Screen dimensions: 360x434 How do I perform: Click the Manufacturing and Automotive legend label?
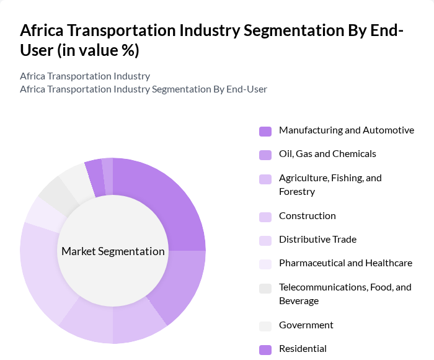tap(346, 130)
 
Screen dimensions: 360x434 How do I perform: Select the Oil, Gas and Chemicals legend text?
tap(327, 154)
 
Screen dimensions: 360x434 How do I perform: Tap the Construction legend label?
tap(308, 216)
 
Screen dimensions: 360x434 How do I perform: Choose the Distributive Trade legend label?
tap(317, 240)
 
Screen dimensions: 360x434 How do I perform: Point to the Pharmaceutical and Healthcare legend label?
tap(345, 263)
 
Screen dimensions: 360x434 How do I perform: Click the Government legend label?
tap(306, 325)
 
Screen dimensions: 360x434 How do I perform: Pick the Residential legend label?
tap(303, 349)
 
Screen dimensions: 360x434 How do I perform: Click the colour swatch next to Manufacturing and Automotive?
tap(265, 131)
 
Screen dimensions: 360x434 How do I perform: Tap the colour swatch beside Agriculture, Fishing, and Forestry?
tap(265, 179)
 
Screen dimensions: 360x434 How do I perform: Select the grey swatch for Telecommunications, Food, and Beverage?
tap(265, 288)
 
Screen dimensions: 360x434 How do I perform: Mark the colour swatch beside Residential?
tap(265, 349)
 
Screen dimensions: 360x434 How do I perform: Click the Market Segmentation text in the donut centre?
tap(113, 251)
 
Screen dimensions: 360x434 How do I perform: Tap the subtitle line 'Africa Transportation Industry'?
tap(85, 76)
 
